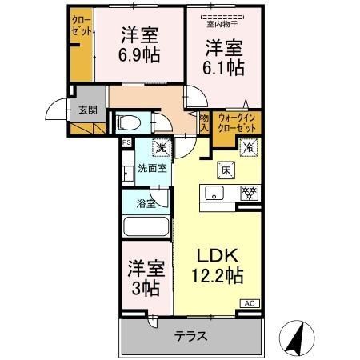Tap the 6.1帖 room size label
(223, 69)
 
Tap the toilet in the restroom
(128, 123)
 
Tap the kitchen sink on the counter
(214, 192)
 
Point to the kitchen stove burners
(249, 192)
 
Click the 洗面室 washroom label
(150, 169)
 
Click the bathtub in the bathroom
(146, 227)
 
